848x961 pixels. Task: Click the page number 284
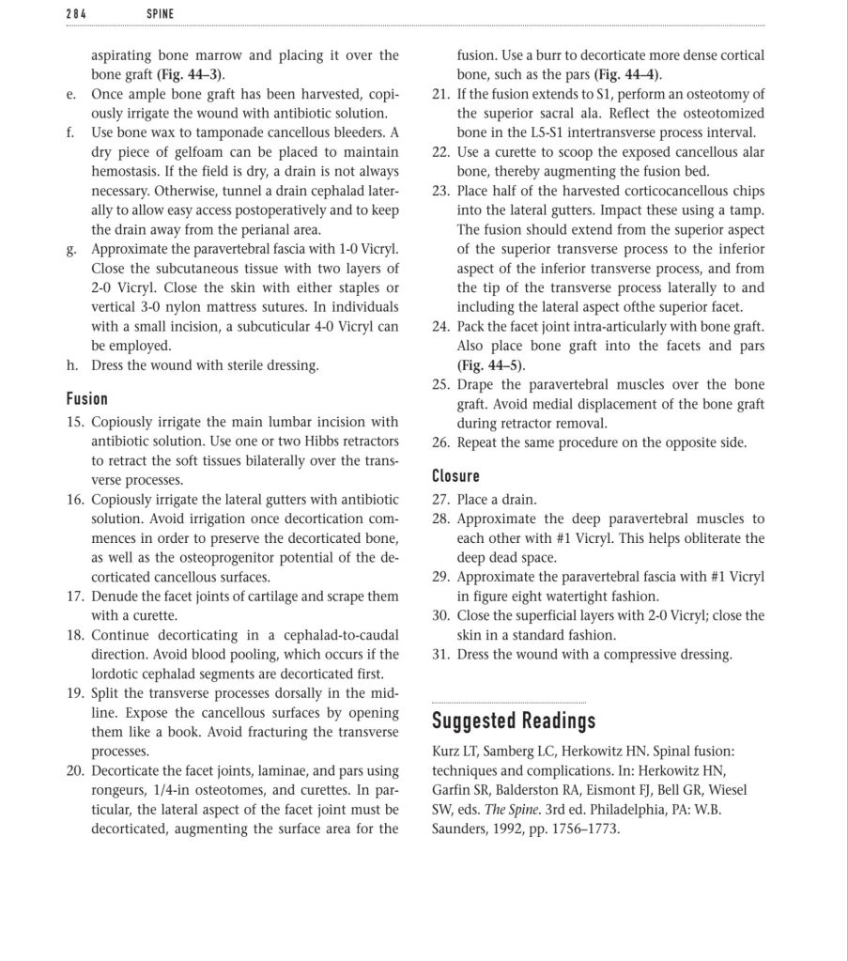(77, 13)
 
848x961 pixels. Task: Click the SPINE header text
(161, 13)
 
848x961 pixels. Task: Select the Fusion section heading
(87, 398)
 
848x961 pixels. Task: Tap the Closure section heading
(455, 475)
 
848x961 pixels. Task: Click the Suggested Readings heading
(513, 721)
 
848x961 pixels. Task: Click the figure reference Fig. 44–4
(627, 74)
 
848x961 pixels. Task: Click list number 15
(76, 422)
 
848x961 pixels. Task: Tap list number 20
(76, 771)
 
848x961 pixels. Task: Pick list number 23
(441, 191)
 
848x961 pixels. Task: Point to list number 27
(441, 500)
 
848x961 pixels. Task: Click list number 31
(441, 655)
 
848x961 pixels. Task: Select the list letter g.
(71, 248)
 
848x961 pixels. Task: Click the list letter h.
(71, 364)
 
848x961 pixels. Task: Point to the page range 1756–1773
(584, 829)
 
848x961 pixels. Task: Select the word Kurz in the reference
(446, 752)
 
